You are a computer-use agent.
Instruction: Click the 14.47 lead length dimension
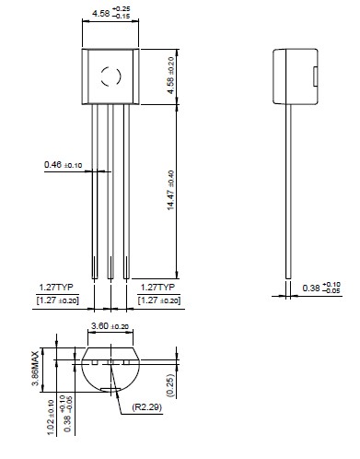170,190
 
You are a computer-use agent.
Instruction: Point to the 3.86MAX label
36,368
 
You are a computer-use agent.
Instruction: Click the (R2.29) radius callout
147,407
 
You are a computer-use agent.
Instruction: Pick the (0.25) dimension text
169,385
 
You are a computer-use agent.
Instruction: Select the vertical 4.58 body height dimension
170,76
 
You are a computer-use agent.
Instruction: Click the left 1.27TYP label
56,288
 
